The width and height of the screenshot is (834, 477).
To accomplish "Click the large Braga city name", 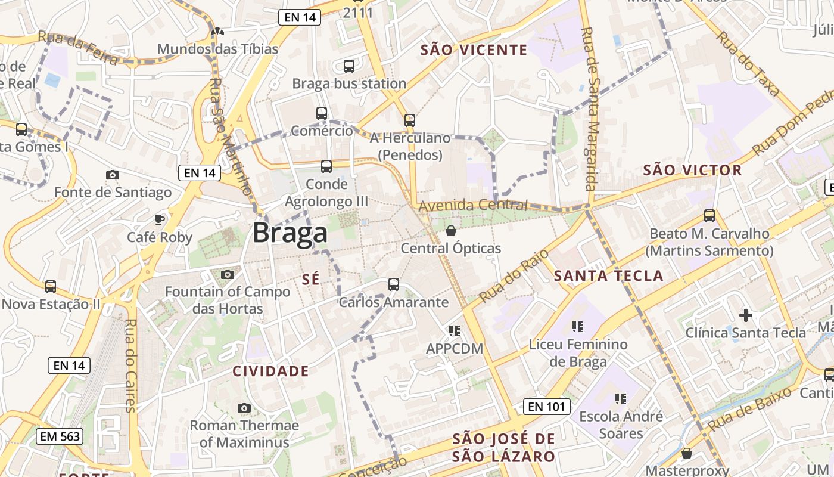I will (290, 233).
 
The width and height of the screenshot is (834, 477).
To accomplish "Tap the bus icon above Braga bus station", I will (349, 66).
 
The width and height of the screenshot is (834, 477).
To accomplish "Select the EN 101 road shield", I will (547, 407).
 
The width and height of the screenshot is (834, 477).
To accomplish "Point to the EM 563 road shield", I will (60, 436).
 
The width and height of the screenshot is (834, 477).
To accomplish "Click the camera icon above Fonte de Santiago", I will (112, 175).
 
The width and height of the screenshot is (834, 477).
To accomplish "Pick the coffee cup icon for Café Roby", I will (160, 219).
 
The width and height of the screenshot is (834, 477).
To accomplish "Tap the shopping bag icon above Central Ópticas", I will (451, 230).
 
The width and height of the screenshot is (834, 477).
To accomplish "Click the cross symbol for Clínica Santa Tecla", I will (745, 315).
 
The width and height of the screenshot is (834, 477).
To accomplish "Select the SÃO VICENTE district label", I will (474, 49).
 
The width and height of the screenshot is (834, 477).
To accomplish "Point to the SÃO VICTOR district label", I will (692, 170).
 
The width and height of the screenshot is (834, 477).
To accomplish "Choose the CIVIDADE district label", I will (270, 371).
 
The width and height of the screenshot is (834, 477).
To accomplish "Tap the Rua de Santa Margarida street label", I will (589, 109).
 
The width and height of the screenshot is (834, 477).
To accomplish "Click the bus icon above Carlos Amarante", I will (394, 284).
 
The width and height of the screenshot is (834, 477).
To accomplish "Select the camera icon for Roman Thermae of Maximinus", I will (244, 408).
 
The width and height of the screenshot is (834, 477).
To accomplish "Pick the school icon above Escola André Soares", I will (620, 398).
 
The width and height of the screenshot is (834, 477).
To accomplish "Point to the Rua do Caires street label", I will (129, 366).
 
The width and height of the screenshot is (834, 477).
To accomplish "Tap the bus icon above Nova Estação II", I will (51, 287).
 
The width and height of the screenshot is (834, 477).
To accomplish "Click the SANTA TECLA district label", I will (608, 275).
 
